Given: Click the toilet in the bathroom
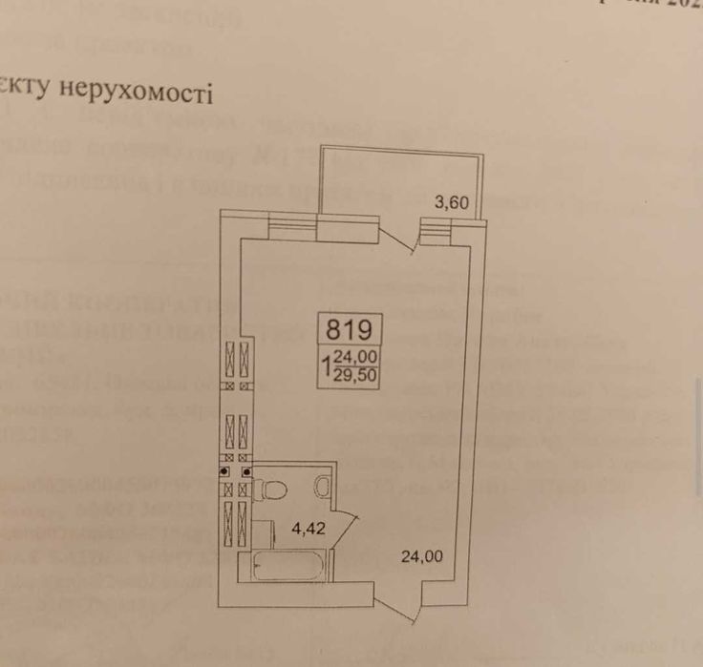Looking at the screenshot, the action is [x=275, y=490].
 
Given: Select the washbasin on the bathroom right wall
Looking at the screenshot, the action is [x=323, y=487].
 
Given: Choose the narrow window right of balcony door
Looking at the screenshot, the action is [x=435, y=226].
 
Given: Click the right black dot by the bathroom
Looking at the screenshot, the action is [x=246, y=471].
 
